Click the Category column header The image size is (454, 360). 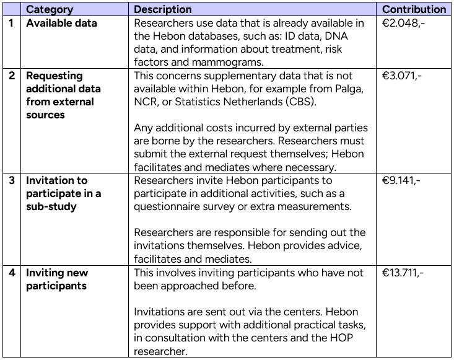(49, 9)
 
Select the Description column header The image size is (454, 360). (163, 9)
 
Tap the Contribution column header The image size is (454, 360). (414, 9)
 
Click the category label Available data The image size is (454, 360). (61, 24)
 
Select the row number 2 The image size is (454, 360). (11, 76)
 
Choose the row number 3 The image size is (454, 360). (11, 180)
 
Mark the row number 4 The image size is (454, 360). (11, 273)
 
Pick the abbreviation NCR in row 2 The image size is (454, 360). (146, 102)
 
